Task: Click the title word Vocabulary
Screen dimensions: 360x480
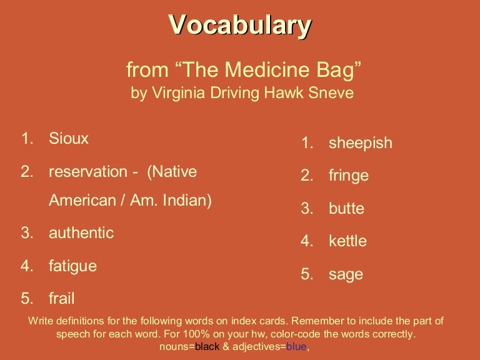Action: coord(240,26)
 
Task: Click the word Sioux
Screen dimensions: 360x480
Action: coord(69,139)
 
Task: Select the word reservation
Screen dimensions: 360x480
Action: coord(88,171)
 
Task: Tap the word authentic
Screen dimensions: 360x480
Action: coord(81,233)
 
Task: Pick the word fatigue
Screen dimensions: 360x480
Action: coord(72,266)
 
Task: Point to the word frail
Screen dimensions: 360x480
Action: coord(62,298)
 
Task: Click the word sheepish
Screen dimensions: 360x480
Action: coord(361,143)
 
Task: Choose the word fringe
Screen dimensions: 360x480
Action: coord(349,176)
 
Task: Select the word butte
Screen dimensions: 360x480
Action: coord(346,209)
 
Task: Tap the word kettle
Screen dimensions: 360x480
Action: coord(347,241)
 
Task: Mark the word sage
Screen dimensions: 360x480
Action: coord(346,274)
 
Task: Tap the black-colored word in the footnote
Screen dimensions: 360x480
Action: coord(207,347)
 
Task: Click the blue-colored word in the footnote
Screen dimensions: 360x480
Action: coord(296,347)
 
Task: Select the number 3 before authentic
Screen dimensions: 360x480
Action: coord(26,233)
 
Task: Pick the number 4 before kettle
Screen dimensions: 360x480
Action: coord(306,241)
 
